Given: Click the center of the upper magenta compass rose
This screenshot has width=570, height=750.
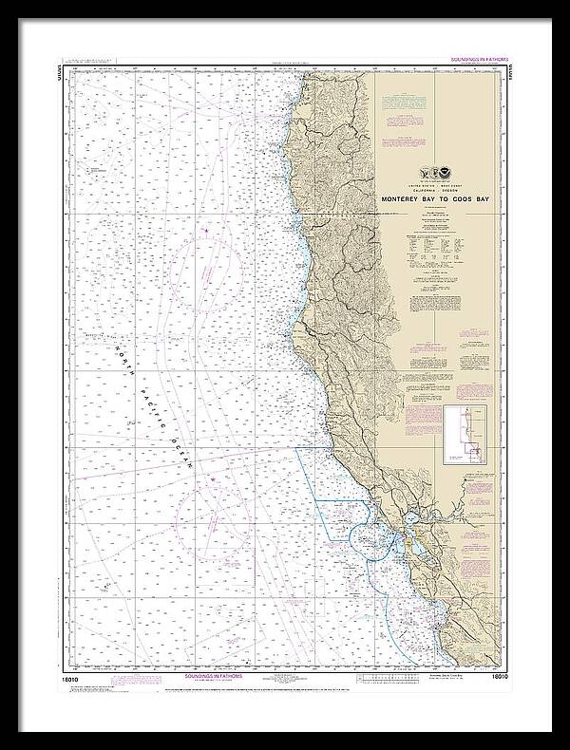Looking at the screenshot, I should pyautogui.click(x=209, y=271).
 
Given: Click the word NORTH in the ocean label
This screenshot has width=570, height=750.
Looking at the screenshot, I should pyautogui.click(x=124, y=360).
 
